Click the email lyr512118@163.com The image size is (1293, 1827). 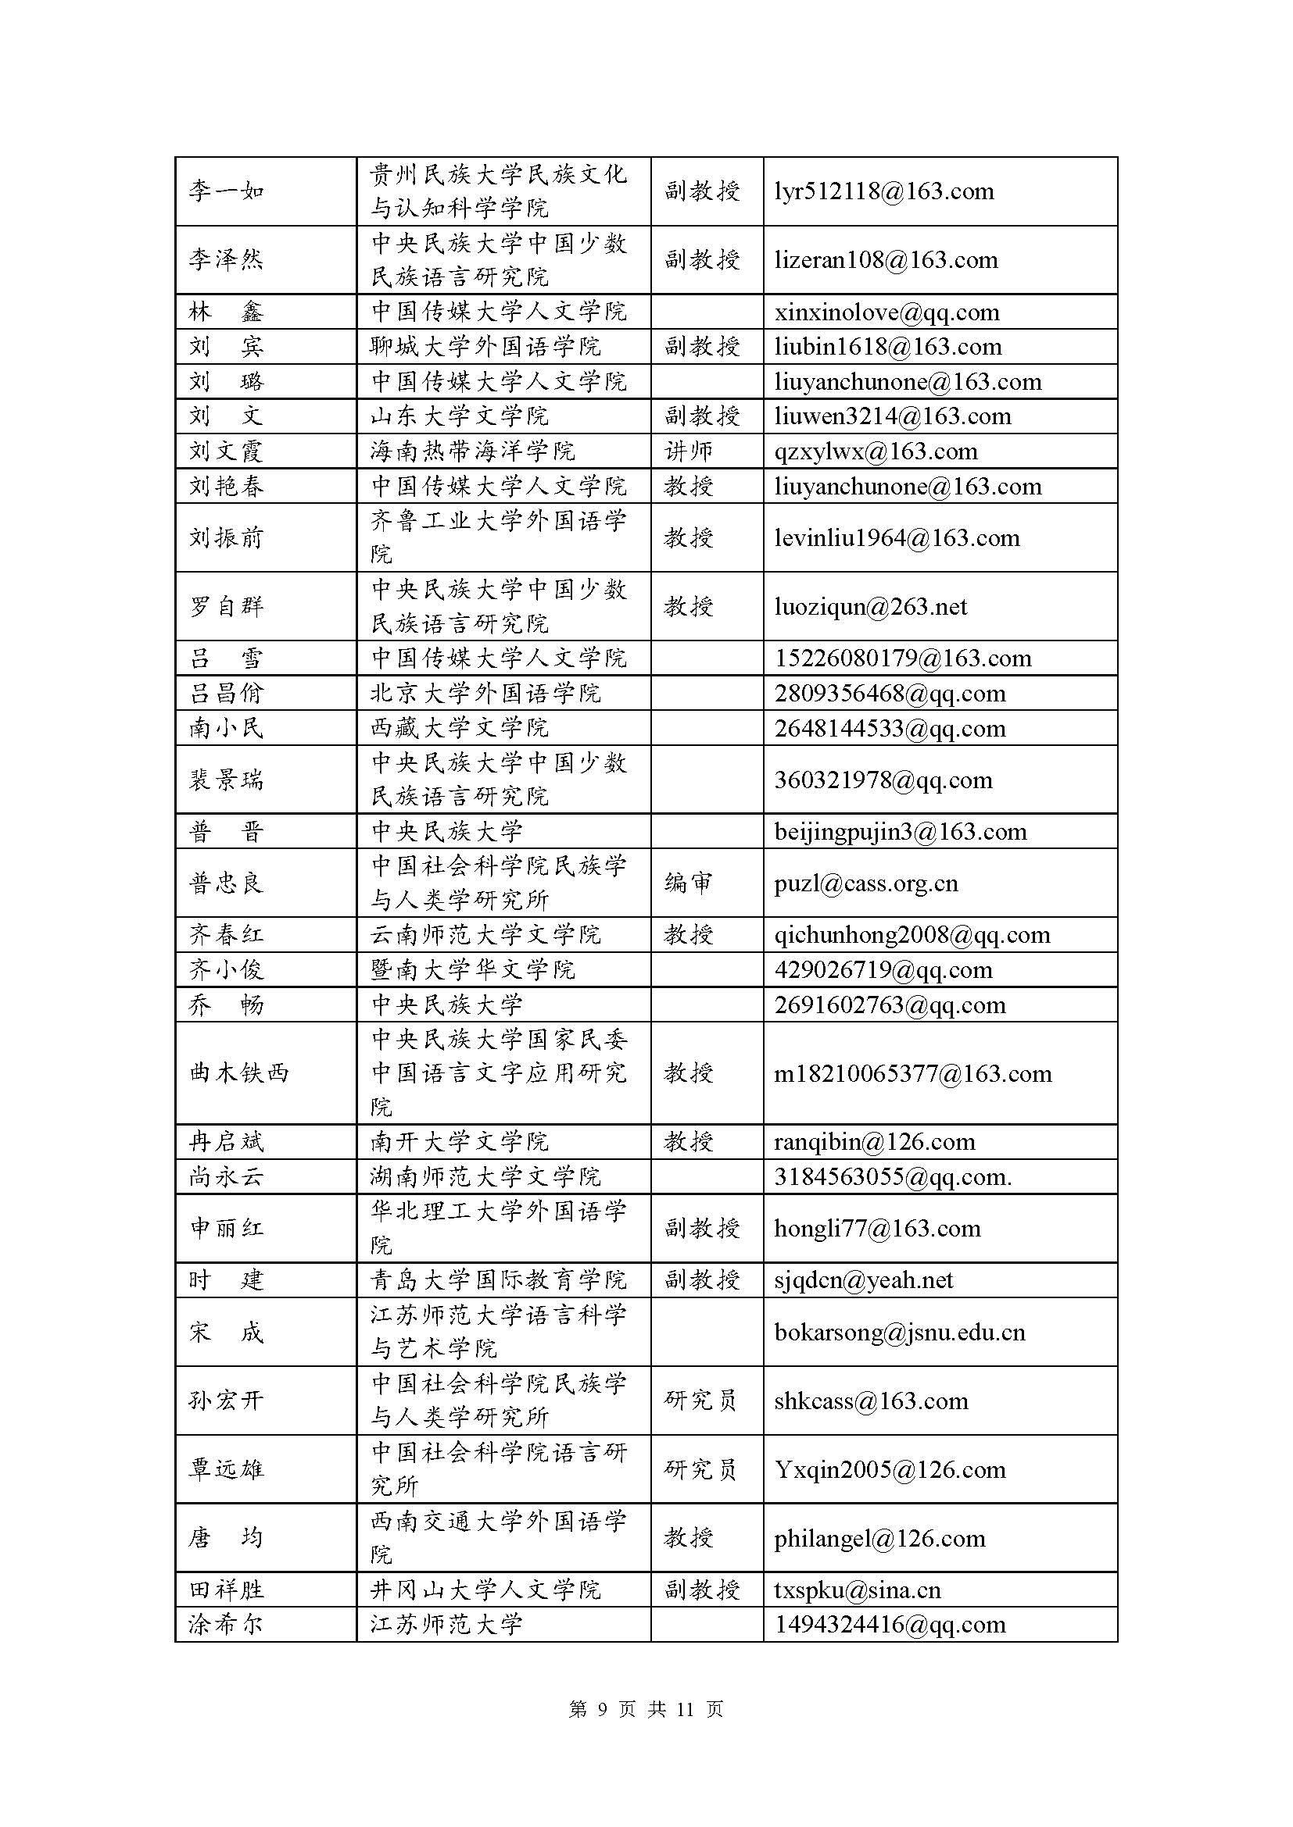(x=884, y=192)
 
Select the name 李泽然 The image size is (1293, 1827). (x=226, y=260)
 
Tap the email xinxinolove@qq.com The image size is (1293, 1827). (x=886, y=312)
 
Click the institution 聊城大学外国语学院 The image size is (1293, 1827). (x=485, y=347)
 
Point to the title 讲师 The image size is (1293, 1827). (x=689, y=452)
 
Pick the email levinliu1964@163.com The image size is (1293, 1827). (x=897, y=538)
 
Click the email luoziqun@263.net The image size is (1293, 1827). (x=870, y=607)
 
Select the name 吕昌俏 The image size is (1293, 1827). (x=226, y=694)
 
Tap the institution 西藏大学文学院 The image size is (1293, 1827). (x=460, y=728)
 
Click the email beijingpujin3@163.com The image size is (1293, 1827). (x=900, y=833)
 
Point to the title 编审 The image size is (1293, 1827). (x=689, y=883)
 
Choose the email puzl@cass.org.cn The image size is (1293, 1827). (x=865, y=883)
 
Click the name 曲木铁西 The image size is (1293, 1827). (x=239, y=1073)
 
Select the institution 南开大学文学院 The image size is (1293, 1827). (x=460, y=1143)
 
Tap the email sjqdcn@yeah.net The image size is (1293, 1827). (x=863, y=1280)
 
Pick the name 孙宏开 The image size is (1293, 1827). (x=226, y=1401)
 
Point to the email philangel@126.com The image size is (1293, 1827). (x=879, y=1539)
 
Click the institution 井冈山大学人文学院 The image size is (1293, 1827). (x=485, y=1590)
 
